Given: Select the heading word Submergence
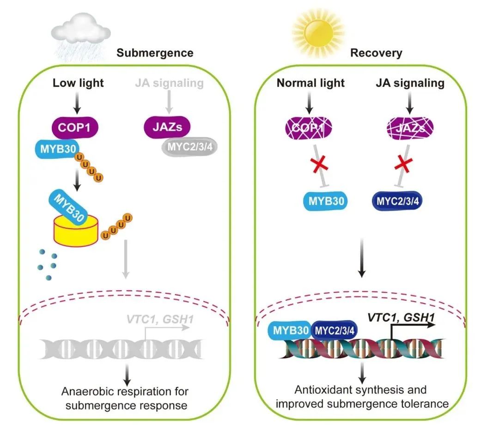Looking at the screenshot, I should point(155,53).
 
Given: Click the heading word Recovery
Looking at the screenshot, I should point(376,53).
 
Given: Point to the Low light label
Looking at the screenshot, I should point(78,83).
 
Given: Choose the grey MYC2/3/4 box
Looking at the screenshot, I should point(189,148).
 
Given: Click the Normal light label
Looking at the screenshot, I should point(310,83).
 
